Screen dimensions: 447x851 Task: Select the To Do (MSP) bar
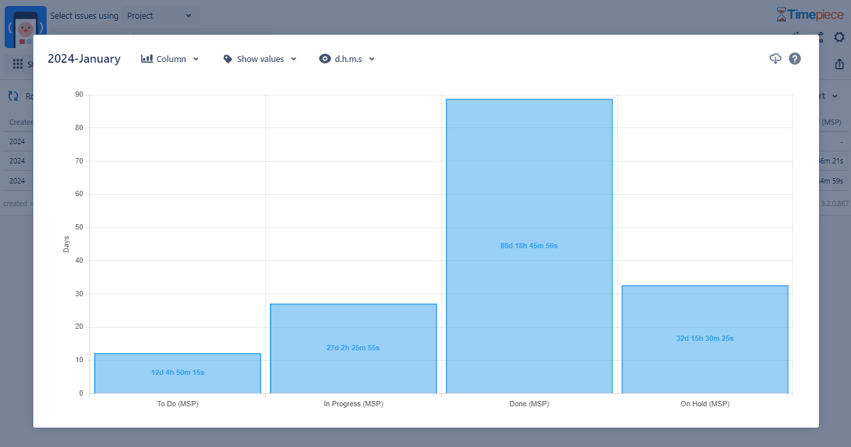pos(177,384)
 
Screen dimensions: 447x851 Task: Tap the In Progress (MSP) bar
pos(353,327)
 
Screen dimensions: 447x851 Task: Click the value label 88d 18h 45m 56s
pos(529,246)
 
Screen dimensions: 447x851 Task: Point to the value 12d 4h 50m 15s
pos(178,372)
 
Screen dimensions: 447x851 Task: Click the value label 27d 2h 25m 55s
pos(353,348)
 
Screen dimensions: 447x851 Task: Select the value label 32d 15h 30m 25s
pos(705,338)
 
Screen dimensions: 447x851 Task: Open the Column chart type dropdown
pos(171,59)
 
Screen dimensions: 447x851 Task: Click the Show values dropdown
pos(260,59)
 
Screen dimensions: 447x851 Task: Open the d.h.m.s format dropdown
pos(347,59)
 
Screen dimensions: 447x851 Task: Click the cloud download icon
pos(775,59)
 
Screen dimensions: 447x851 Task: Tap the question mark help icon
pos(794,59)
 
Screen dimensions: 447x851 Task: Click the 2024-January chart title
pos(84,59)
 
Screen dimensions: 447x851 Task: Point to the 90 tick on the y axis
pos(79,95)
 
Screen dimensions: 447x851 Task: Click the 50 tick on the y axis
pos(79,228)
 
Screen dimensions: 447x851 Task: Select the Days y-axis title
pos(66,244)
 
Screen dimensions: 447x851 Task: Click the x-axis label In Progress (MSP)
pos(353,404)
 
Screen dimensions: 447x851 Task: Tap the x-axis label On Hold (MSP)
pos(705,404)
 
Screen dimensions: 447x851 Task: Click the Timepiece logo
pos(810,15)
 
